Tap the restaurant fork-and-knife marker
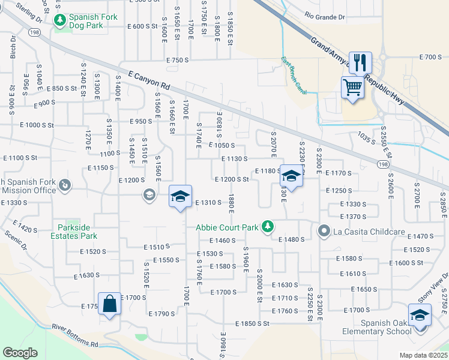[360, 62]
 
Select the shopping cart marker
[352, 88]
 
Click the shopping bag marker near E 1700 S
[110, 305]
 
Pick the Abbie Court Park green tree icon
[270, 227]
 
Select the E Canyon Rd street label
[149, 81]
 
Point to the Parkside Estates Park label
[74, 232]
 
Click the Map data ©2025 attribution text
[423, 355]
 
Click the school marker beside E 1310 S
[180, 196]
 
